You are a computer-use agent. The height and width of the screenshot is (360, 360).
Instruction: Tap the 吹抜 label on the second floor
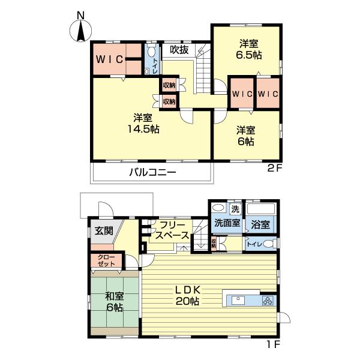coord(179,50)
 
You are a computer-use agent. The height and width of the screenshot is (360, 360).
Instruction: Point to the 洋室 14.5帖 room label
coord(146,123)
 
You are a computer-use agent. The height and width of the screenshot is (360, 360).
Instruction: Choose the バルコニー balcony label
coord(152,172)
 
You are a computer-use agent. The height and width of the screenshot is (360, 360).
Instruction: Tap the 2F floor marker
coord(274,169)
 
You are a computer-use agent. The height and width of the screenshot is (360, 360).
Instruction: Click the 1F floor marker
coord(274,345)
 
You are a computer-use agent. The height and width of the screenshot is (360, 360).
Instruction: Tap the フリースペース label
coord(172,231)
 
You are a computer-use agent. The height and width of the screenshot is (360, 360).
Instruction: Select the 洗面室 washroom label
coord(227,223)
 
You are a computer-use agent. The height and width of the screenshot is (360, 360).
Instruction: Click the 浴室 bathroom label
coord(261,224)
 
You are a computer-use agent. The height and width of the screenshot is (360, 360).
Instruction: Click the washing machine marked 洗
coord(235,209)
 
